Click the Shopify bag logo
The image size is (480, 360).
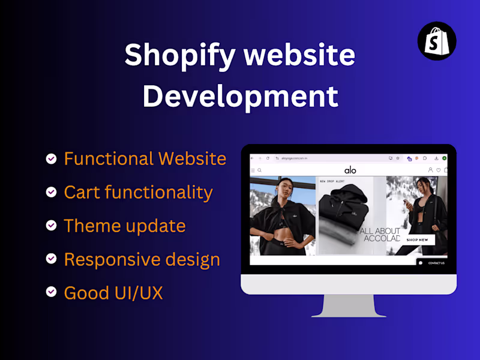coord(437,40)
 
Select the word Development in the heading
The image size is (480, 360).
coord(240,96)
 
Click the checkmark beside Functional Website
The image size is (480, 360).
coord(52,159)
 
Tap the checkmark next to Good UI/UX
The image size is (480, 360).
coord(52,293)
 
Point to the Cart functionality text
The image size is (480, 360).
coord(138,193)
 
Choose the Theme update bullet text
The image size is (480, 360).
coord(125,226)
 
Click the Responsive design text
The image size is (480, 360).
coord(142,260)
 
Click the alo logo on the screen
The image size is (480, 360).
coord(350,170)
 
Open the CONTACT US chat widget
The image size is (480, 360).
coord(433,263)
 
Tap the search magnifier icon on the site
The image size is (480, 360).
coord(260,170)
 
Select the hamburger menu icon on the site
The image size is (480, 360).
coord(253,170)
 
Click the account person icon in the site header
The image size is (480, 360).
coord(430,170)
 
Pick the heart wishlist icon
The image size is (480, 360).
coord(438,170)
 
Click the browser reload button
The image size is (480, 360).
coord(268,158)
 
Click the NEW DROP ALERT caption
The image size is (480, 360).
coord(331,181)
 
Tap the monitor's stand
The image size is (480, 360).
coord(349,306)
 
